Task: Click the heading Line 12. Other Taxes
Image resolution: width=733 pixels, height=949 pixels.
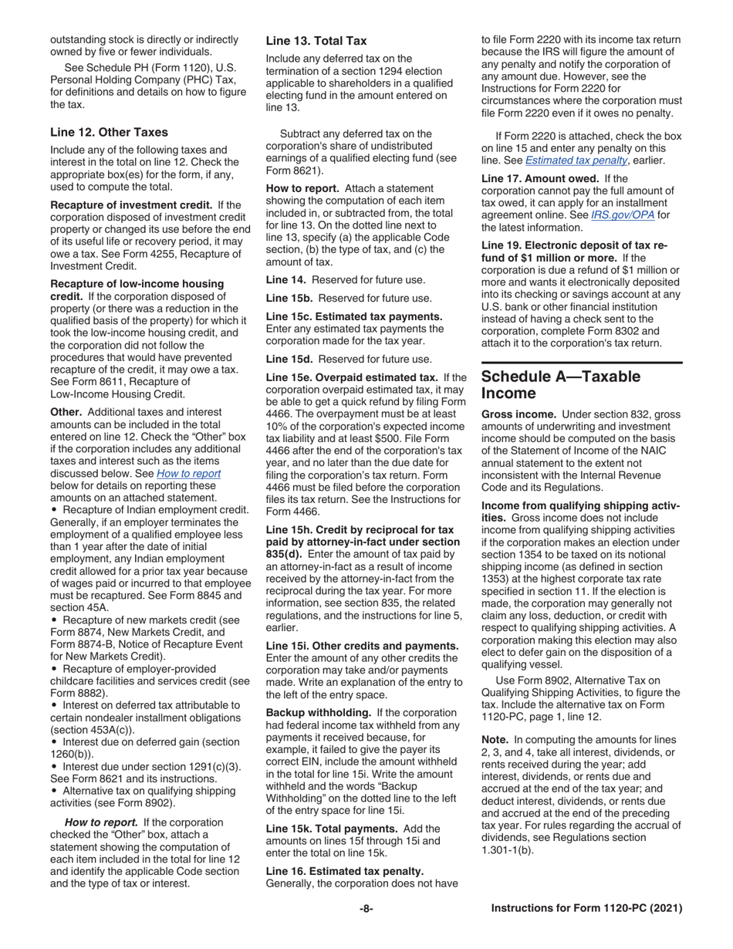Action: pos(109,132)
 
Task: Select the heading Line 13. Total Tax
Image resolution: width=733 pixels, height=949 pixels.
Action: pos(316,41)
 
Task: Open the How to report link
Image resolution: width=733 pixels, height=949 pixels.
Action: pos(189,474)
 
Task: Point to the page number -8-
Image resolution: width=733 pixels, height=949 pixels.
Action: pos(366,909)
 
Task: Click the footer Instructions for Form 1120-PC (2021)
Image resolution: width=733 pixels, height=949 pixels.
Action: pos(586,909)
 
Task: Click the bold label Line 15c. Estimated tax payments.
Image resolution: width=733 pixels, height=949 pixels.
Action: pos(354,316)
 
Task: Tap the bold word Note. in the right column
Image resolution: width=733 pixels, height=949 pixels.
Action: pos(496,741)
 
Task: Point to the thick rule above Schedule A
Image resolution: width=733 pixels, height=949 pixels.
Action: pos(582,363)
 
